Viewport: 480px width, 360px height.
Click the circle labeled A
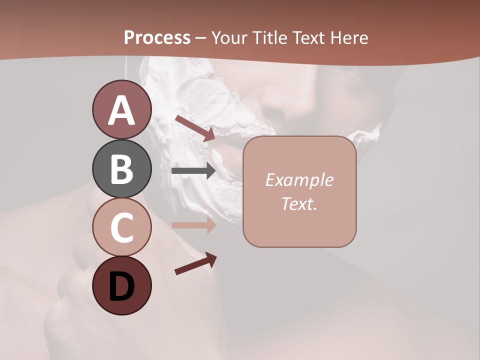click(121, 110)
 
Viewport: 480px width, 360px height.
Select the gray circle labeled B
click(121, 168)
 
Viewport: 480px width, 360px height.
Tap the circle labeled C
click(121, 227)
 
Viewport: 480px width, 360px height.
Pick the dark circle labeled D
click(121, 285)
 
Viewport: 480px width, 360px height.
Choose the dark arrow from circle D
click(195, 263)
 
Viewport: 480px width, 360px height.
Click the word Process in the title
click(157, 37)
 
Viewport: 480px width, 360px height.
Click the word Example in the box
click(299, 180)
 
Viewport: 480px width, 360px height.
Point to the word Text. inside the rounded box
click(299, 203)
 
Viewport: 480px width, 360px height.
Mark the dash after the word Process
click(201, 38)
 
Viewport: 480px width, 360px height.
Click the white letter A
click(121, 110)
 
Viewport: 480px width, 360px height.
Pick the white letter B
click(121, 169)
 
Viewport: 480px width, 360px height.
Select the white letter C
click(121, 227)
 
